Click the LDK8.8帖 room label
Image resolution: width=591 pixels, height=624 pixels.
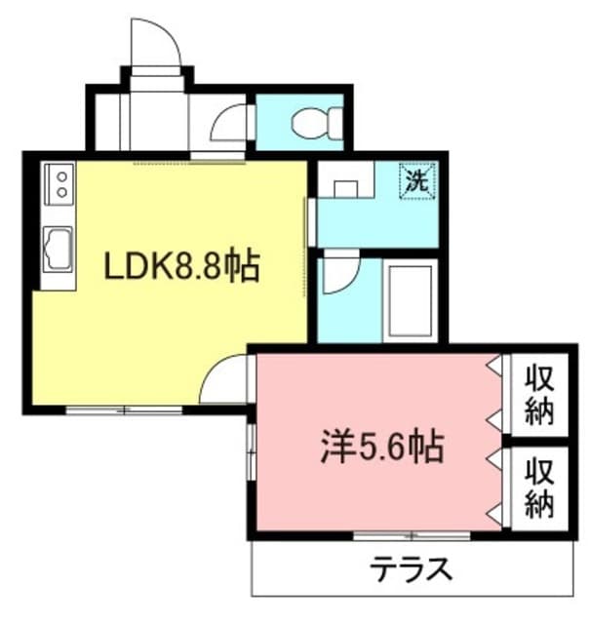click(x=181, y=265)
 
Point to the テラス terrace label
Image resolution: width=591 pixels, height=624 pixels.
click(x=411, y=569)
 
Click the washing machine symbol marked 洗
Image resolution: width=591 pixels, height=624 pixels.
click(x=417, y=181)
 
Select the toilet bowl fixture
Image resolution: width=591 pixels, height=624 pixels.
click(x=316, y=123)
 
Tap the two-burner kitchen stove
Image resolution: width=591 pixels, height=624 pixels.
click(x=59, y=184)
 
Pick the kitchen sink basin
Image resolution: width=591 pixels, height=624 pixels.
click(x=59, y=250)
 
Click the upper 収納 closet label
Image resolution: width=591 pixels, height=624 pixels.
click(x=539, y=395)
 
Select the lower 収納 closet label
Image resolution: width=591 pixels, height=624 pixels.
click(x=539, y=487)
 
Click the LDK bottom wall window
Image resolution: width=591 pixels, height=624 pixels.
click(x=124, y=409)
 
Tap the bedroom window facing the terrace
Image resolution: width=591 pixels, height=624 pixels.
click(x=412, y=535)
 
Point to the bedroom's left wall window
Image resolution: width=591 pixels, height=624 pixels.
click(x=251, y=452)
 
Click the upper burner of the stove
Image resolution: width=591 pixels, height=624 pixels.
click(x=61, y=176)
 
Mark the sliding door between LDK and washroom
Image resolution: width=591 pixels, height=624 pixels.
click(x=305, y=247)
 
